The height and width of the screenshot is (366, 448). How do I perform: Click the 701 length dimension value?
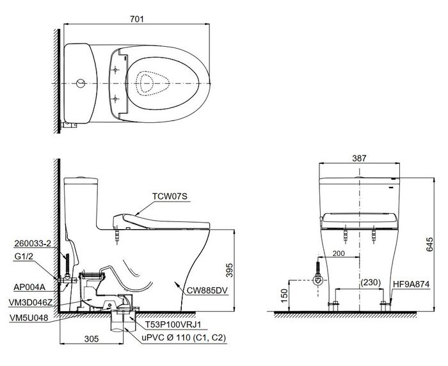[137, 19]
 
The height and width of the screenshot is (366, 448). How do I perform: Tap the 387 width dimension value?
[359, 158]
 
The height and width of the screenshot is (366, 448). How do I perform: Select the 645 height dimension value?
[429, 244]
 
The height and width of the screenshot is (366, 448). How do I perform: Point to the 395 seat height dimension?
[229, 270]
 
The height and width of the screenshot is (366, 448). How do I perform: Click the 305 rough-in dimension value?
[92, 338]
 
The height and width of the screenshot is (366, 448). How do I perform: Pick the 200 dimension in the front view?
[339, 253]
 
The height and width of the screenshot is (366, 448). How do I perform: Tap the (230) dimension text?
[371, 282]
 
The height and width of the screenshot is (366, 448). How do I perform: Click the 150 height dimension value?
[284, 296]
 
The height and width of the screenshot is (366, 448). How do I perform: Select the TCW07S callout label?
[170, 196]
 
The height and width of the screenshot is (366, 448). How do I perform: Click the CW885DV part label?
[207, 290]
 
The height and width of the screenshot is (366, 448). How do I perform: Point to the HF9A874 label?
[411, 284]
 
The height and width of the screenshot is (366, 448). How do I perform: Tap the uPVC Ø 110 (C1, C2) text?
[184, 338]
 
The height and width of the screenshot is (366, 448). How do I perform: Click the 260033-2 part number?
[32, 243]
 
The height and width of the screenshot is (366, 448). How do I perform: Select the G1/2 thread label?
[24, 257]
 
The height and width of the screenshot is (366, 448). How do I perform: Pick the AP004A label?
[29, 287]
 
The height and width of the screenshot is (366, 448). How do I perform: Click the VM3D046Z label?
[31, 303]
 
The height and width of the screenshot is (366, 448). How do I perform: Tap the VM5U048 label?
[29, 318]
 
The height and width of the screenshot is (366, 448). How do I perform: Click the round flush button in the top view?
[81, 83]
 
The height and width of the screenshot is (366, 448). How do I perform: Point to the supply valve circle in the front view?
[318, 280]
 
